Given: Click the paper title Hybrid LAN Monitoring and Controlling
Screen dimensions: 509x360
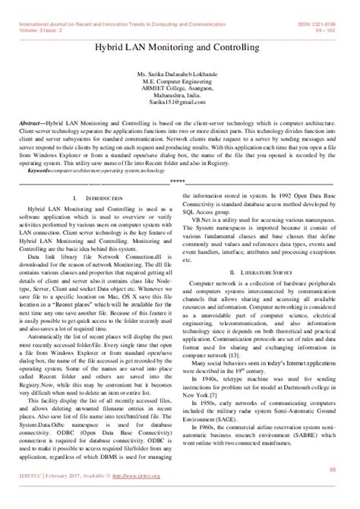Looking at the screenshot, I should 180,47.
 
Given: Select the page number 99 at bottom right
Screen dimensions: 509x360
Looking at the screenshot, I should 331,492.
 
